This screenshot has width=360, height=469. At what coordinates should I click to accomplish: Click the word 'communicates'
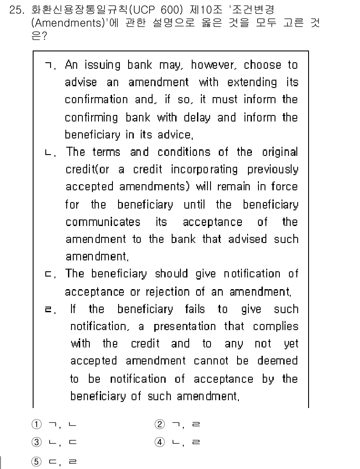103,222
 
